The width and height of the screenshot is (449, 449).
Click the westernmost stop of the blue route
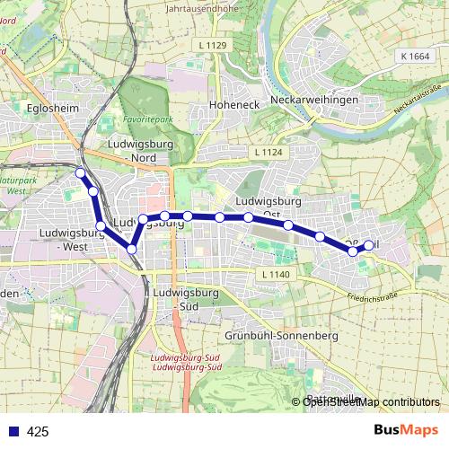point(80,172)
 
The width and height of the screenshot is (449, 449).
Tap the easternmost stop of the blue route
point(368,245)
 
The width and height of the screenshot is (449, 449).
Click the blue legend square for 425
point(11,431)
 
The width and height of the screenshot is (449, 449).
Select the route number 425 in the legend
point(38,432)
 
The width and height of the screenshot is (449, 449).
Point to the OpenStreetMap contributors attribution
point(370,401)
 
